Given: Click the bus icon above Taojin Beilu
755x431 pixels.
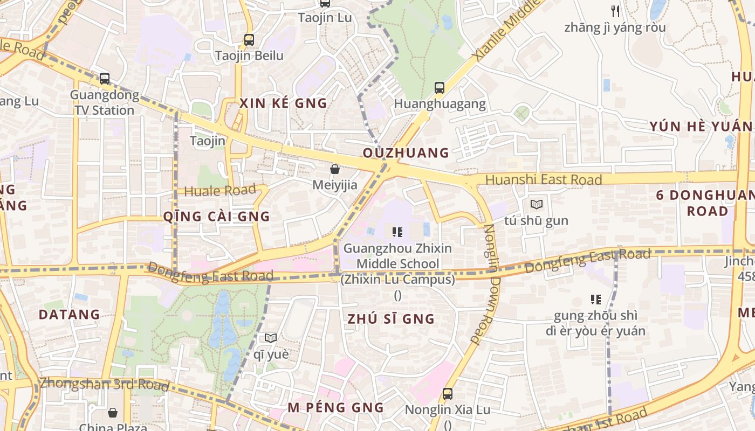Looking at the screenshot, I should [249, 39].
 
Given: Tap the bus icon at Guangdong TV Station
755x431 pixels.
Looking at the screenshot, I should [105, 79].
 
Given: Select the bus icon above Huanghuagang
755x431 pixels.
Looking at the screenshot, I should [440, 87].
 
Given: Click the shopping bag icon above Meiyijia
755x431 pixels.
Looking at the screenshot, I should [335, 169].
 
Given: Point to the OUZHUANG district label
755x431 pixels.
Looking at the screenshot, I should [406, 153].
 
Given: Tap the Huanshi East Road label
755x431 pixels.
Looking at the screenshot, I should [544, 179].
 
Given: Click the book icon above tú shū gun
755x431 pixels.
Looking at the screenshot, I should [536, 204].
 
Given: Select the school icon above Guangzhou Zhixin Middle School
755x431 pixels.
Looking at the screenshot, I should [397, 232].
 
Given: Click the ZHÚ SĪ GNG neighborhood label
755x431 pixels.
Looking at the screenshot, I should [391, 319].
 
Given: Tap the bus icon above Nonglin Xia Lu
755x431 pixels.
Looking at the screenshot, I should [448, 394].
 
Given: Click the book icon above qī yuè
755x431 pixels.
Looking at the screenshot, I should [271, 338].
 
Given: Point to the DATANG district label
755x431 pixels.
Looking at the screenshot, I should [70, 315].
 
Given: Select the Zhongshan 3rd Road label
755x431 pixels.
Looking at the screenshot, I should [104, 384].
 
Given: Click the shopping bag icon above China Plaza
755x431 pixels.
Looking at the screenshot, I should [113, 413].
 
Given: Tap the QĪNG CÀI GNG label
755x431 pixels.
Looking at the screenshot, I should [216, 217].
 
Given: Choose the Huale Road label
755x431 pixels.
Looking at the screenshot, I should [219, 191].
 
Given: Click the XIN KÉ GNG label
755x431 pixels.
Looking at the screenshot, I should [283, 103].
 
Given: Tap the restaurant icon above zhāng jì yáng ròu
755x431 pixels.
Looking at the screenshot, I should [615, 11].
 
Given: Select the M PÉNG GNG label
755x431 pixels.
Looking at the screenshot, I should [335, 408].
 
